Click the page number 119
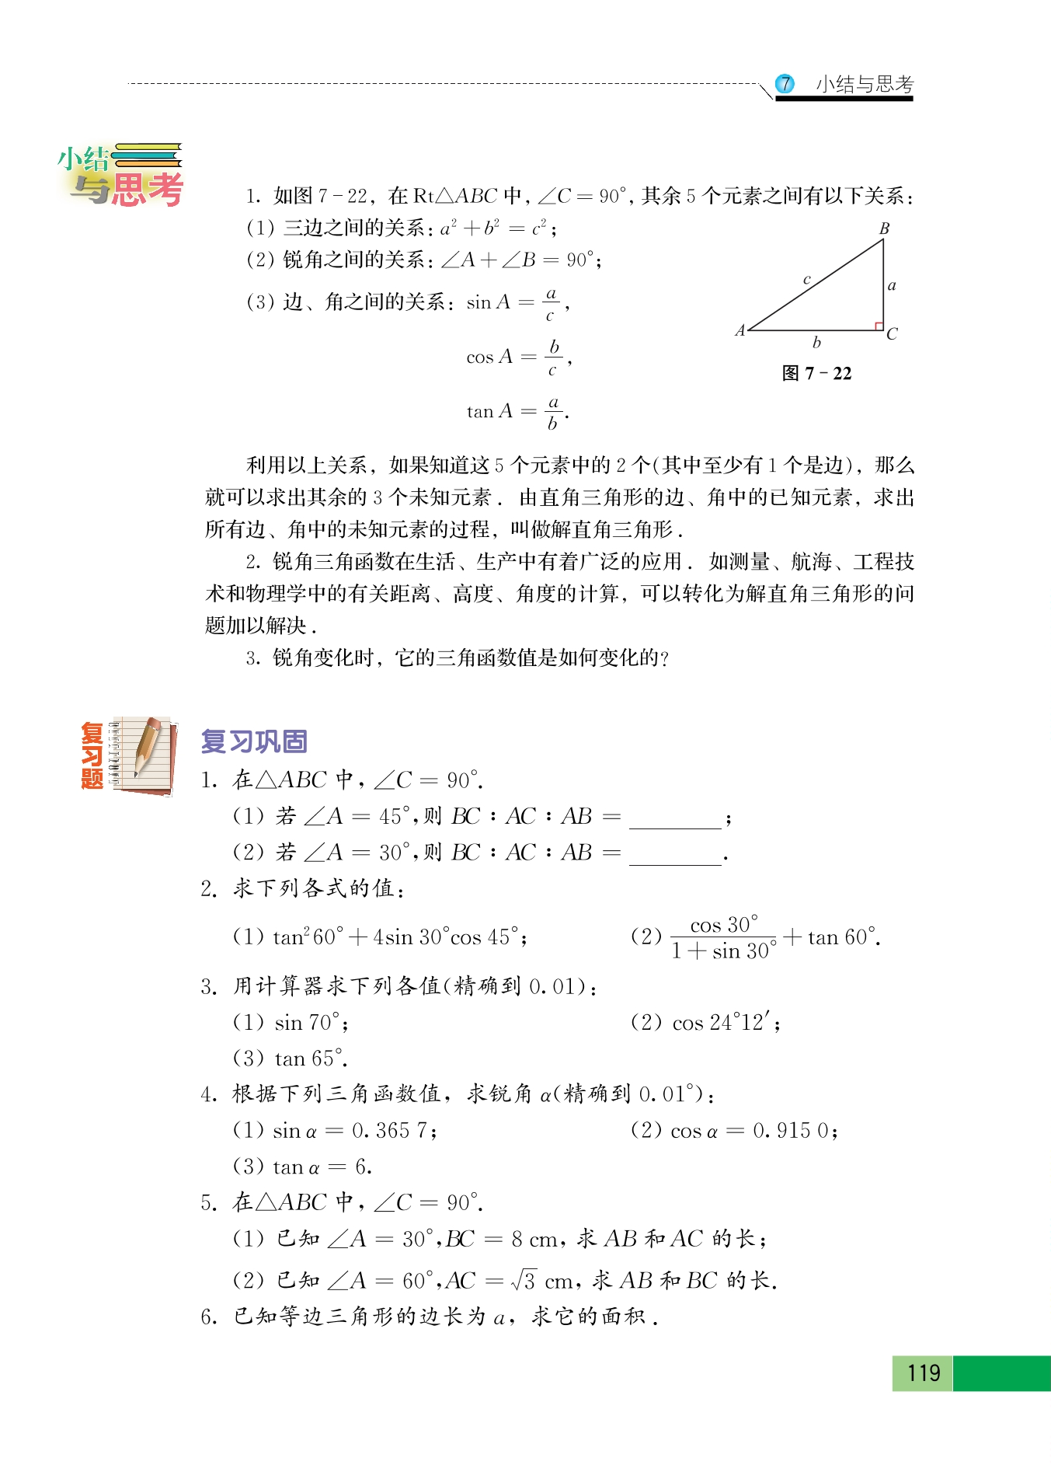(x=923, y=1373)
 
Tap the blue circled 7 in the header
(x=785, y=84)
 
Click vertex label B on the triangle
(x=884, y=228)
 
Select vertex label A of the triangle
(x=740, y=330)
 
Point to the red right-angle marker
(x=879, y=326)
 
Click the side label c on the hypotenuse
(x=807, y=279)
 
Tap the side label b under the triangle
(x=816, y=342)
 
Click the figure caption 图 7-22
(x=816, y=374)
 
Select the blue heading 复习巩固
(x=254, y=741)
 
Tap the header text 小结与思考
(x=865, y=84)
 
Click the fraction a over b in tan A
(x=552, y=413)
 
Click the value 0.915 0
(x=790, y=1131)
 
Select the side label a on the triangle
(x=892, y=286)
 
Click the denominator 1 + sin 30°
(x=723, y=951)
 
